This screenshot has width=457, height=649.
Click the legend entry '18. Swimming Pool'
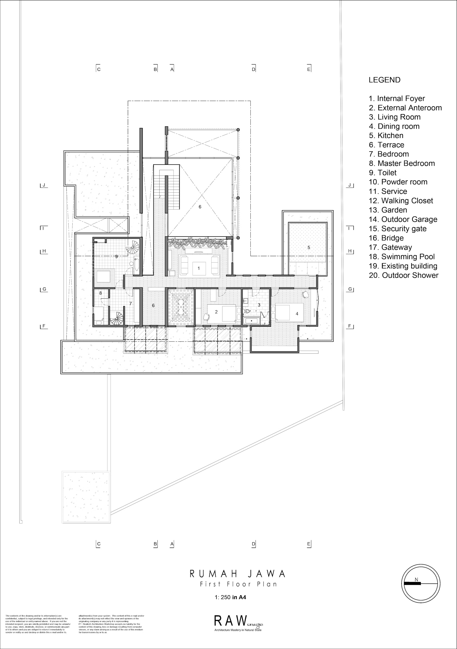[x=402, y=257]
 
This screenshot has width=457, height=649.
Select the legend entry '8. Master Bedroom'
[x=402, y=163]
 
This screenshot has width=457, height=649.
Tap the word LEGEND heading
[x=384, y=80]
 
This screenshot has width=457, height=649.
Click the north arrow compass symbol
[x=421, y=583]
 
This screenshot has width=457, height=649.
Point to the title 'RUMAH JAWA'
[x=237, y=574]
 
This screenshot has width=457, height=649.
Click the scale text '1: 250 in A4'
[x=230, y=598]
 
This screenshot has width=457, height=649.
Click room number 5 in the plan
[x=309, y=247]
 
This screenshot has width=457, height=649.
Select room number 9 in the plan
[x=116, y=257]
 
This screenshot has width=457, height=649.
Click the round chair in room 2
[x=206, y=317]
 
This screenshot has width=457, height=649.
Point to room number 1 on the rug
[x=199, y=268]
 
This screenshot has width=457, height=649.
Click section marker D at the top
[x=254, y=69]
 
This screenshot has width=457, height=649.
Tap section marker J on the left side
[x=44, y=186]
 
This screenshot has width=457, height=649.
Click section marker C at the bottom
[x=98, y=544]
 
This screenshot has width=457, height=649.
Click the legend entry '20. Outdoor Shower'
[x=403, y=275]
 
